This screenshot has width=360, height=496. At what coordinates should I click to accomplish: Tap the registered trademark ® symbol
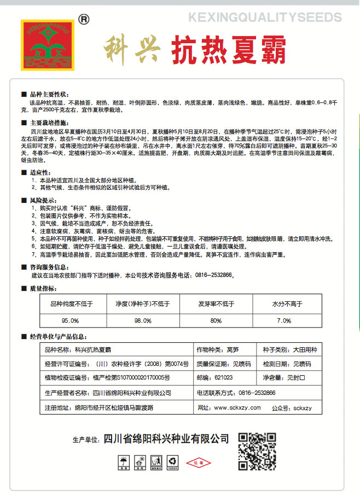[84, 19]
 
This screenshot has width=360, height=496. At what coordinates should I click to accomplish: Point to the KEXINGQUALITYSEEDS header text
[264, 19]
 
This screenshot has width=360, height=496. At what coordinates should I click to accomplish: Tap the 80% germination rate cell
[216, 320]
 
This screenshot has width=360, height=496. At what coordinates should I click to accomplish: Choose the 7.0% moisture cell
[284, 320]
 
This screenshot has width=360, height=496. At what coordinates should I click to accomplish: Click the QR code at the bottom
[257, 451]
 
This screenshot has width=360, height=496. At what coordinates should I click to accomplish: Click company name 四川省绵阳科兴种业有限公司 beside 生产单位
[166, 439]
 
